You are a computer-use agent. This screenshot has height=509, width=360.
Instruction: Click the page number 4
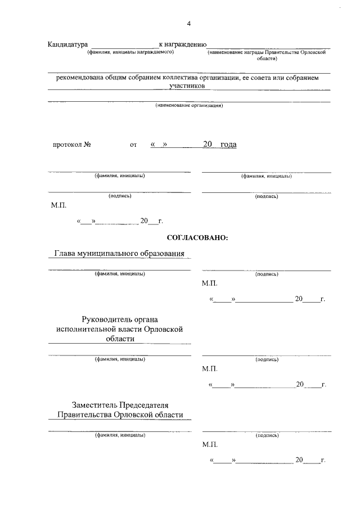point(189,23)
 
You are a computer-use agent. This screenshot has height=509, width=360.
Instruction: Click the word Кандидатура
point(68,44)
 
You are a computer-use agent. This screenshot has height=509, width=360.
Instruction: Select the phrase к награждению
point(183,44)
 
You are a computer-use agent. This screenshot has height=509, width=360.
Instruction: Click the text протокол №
point(72,145)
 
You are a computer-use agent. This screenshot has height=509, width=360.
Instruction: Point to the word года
point(228,145)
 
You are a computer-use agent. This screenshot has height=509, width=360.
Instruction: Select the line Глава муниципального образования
point(119,254)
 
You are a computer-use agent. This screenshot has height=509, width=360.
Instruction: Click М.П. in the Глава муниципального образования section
point(209,284)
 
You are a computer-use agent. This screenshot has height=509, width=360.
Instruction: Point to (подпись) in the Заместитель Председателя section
point(267,435)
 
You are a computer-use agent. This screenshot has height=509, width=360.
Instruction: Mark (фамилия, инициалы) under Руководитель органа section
point(119,359)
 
